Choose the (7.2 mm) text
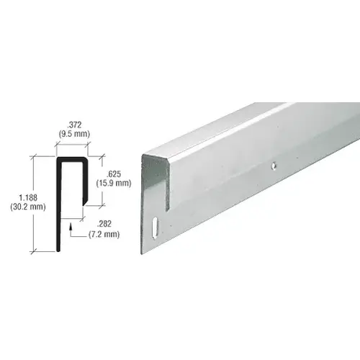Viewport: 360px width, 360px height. [x=100, y=236]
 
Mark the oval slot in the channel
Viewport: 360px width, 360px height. [x=156, y=225]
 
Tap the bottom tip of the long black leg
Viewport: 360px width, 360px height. [x=58, y=248]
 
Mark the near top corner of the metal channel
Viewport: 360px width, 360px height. [x=144, y=157]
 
